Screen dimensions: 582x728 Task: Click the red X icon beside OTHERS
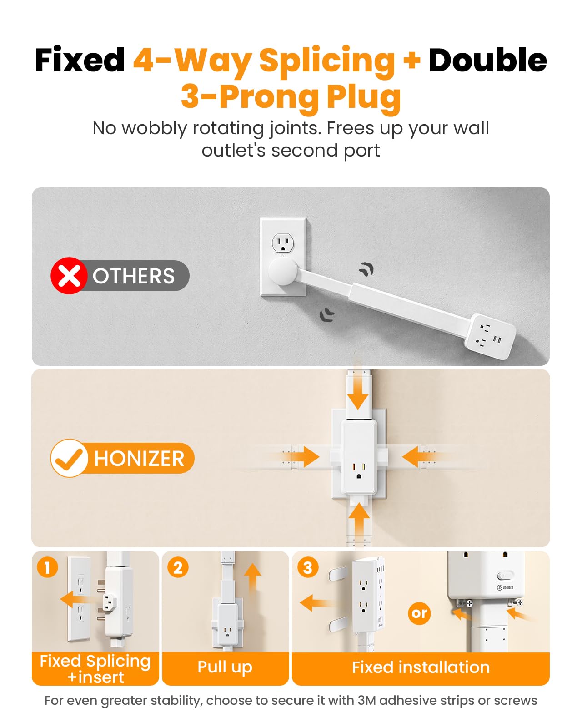69,276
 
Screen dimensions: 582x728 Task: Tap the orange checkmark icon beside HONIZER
69,458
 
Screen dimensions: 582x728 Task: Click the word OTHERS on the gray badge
134,276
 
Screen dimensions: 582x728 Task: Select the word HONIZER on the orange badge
139,459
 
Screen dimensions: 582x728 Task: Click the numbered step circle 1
47,568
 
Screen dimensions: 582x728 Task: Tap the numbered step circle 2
178,568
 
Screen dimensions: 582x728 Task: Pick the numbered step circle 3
308,568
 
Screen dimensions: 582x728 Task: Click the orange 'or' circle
419,613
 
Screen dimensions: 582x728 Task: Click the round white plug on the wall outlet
283,271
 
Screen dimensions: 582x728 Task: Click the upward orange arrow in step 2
253,577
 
